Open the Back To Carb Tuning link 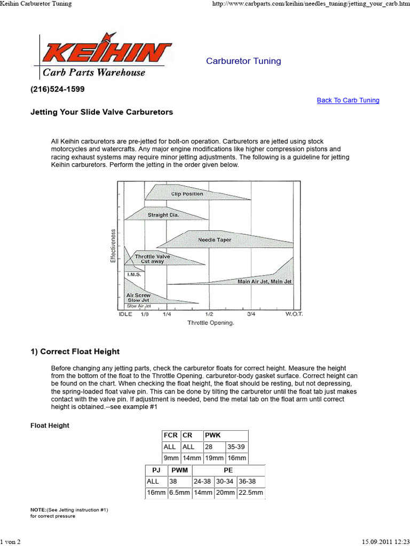coord(348,100)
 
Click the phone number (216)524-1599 coord(58,89)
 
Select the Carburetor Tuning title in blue coord(243,61)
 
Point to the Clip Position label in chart coord(187,194)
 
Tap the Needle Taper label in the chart coord(215,240)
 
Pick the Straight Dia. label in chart coord(163,215)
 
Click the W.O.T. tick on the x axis coord(293,314)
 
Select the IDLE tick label coord(125,314)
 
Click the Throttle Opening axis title coord(210,323)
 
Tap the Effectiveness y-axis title coord(113,245)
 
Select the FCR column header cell coord(171,436)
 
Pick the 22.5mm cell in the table coord(250,493)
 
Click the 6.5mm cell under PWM coord(179,493)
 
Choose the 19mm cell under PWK coord(214,459)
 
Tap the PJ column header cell coord(156,470)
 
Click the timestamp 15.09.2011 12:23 coord(380,541)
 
